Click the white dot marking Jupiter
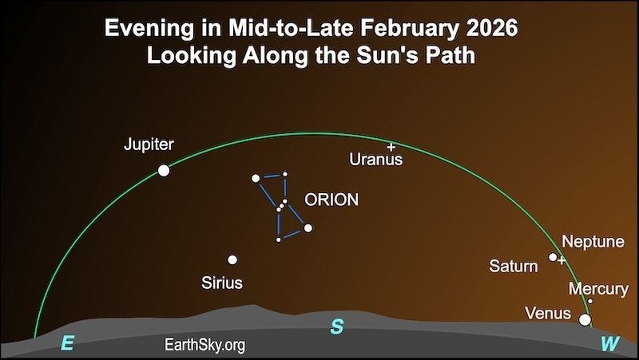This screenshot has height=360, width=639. [x=164, y=170]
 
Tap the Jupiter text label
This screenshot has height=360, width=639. [x=149, y=145]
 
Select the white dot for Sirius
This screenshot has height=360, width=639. [x=232, y=259]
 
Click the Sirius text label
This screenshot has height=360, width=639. [x=222, y=283]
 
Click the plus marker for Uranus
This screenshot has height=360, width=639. [x=391, y=147]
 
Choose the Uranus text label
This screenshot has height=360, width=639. [x=376, y=160]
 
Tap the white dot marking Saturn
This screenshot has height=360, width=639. [x=553, y=257]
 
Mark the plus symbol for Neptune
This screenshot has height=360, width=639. [x=562, y=260]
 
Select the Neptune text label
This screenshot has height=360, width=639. [x=593, y=241]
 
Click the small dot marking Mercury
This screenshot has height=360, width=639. [x=590, y=301]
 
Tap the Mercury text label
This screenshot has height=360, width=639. [x=592, y=287]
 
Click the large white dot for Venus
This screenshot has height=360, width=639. [x=585, y=320]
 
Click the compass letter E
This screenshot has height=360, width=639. [x=68, y=345]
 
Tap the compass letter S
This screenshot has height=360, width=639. [x=337, y=327]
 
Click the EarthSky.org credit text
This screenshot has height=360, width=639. [x=204, y=345]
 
